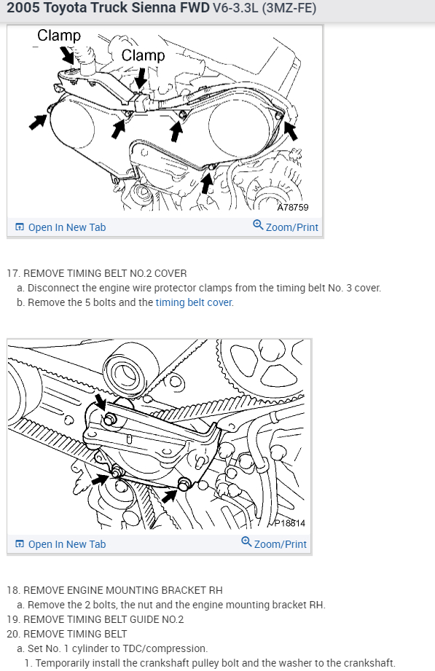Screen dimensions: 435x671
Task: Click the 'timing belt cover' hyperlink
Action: (x=194, y=302)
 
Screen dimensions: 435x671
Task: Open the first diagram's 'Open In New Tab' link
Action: (x=60, y=227)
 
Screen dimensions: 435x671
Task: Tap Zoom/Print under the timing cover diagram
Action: (x=286, y=227)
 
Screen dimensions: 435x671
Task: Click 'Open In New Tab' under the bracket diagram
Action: (x=60, y=544)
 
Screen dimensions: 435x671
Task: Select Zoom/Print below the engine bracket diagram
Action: (x=274, y=544)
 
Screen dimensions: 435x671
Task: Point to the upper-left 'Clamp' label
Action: (x=59, y=36)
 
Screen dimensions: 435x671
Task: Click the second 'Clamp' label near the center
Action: (x=143, y=55)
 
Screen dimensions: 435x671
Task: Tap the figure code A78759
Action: (x=293, y=207)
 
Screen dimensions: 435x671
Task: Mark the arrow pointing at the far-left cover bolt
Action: (x=38, y=121)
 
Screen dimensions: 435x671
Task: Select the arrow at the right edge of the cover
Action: (x=291, y=130)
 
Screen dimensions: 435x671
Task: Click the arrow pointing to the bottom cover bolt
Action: (x=207, y=182)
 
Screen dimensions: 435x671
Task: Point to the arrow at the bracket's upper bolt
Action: (x=101, y=402)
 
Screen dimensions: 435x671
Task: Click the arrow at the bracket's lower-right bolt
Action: (x=170, y=496)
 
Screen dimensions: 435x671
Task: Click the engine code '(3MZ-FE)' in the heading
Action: (x=289, y=8)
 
